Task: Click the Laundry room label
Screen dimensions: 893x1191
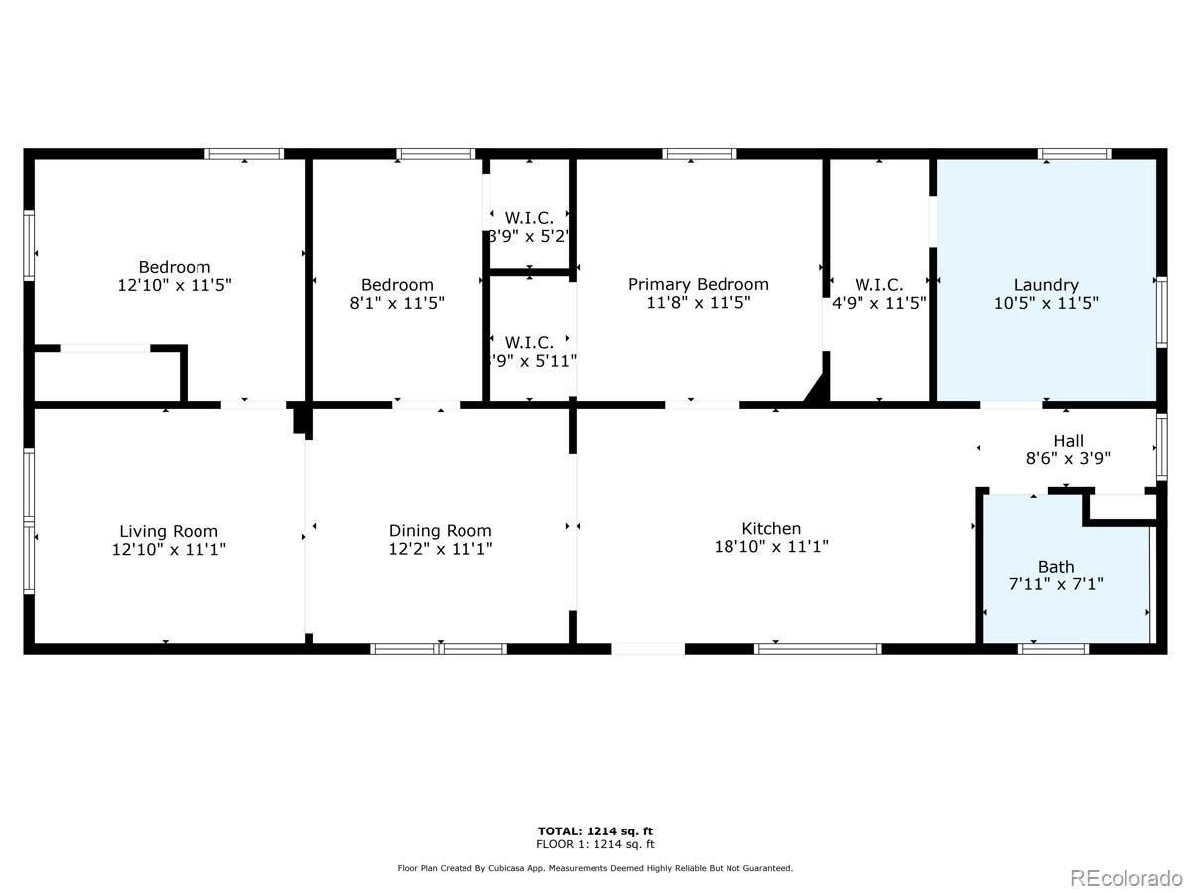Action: (1046, 285)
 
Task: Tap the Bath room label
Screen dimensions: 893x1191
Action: (1056, 568)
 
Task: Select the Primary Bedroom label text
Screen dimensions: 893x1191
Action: (698, 285)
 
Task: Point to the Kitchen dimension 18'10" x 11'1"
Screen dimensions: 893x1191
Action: (771, 547)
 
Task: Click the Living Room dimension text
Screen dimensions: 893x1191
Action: (169, 548)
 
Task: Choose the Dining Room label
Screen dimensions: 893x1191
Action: (440, 531)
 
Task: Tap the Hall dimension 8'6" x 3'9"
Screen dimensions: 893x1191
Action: (1068, 458)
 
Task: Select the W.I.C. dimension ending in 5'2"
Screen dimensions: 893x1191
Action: (529, 237)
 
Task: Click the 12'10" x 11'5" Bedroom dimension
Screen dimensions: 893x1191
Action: (175, 285)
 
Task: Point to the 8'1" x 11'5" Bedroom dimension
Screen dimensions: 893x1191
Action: (397, 303)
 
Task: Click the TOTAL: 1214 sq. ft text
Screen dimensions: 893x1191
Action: (595, 831)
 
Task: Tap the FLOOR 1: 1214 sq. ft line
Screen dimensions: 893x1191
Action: (595, 845)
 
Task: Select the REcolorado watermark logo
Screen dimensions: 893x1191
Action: (1125, 878)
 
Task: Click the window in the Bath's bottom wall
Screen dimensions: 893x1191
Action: (1053, 649)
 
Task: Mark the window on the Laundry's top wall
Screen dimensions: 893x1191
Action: (1074, 154)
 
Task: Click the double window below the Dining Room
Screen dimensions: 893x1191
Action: (439, 649)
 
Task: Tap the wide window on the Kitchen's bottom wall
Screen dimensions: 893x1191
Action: (818, 649)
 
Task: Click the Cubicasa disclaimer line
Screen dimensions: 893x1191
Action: (595, 868)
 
